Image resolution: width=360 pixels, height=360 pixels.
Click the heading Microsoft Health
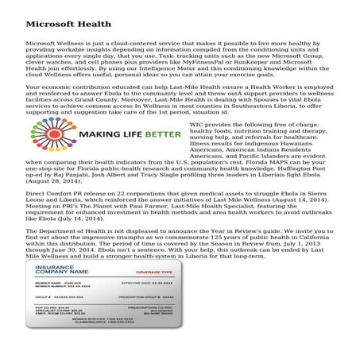pos(62,15)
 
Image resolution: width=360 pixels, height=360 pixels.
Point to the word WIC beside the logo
pos(220,125)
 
